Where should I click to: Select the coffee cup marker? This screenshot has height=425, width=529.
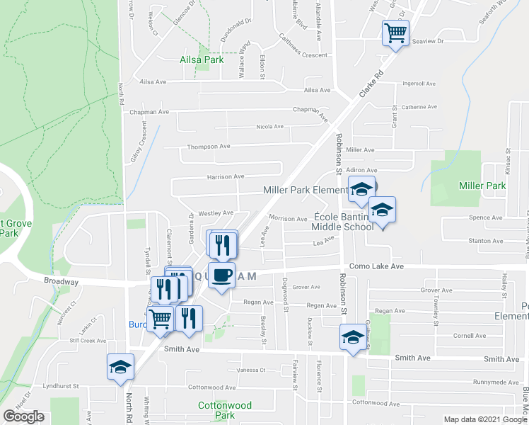[221, 276]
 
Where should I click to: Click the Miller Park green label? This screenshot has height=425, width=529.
[482, 186]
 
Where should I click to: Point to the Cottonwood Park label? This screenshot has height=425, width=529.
[216, 410]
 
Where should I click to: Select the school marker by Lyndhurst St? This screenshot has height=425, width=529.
[120, 367]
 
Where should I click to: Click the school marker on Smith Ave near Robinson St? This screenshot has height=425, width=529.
[353, 337]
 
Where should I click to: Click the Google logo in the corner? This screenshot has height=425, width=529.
[23, 416]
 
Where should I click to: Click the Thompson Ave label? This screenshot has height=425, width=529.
[209, 147]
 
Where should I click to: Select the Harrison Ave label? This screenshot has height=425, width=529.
[225, 176]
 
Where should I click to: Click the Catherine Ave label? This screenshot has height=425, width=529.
[419, 107]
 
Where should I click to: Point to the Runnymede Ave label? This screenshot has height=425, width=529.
[496, 382]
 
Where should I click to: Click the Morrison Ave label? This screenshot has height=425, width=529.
[288, 219]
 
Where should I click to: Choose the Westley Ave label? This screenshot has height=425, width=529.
[215, 212]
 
